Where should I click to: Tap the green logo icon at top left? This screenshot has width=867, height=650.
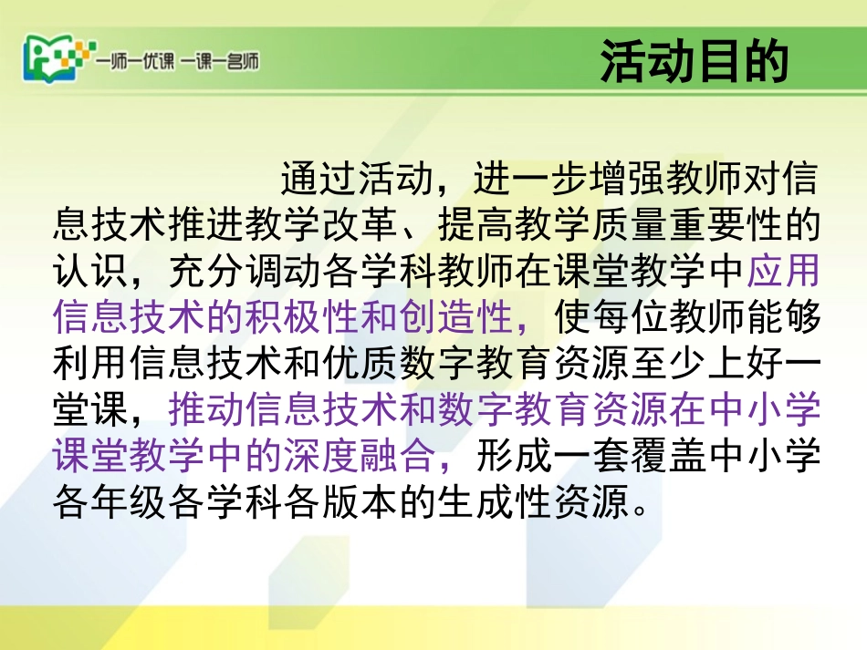pyautogui.click(x=54, y=60)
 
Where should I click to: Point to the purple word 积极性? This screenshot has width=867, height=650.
pyautogui.click(x=303, y=320)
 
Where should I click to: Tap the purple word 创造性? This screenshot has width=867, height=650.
pyautogui.click(x=456, y=320)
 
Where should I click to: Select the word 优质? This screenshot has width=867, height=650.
pyautogui.click(x=360, y=366)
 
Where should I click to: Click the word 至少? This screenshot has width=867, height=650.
pyautogui.click(x=668, y=366)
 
